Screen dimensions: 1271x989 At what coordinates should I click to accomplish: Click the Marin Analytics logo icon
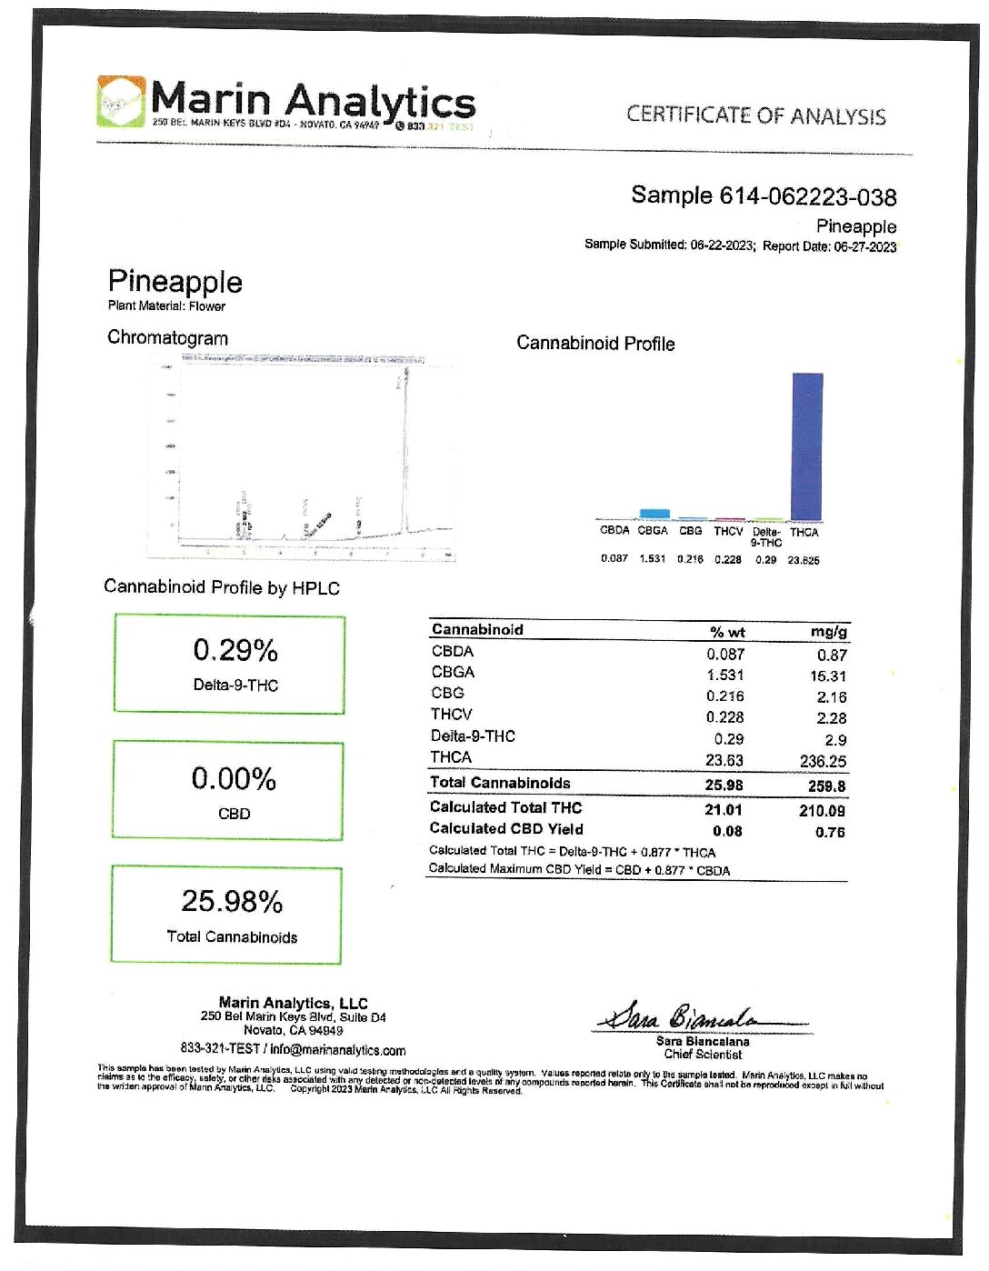click(x=120, y=101)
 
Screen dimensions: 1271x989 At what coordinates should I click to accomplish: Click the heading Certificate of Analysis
click(x=755, y=115)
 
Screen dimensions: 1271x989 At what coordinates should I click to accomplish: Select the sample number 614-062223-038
click(x=808, y=196)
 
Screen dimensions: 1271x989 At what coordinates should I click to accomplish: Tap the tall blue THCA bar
click(x=807, y=445)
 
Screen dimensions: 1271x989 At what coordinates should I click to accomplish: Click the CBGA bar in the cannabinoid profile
click(x=654, y=514)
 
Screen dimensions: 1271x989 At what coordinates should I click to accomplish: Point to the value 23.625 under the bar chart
click(x=803, y=560)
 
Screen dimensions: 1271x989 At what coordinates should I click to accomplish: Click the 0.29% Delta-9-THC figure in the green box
click(x=235, y=651)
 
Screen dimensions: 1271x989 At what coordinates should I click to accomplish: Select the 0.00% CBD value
click(x=234, y=779)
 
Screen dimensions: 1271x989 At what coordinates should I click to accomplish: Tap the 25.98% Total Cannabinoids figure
click(x=232, y=901)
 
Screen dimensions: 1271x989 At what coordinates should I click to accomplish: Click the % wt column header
click(x=727, y=632)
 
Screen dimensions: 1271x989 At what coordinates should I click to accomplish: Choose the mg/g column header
click(x=829, y=631)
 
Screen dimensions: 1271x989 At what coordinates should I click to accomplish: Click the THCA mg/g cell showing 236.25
click(x=823, y=761)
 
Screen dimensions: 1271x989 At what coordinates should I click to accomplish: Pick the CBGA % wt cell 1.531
click(x=725, y=676)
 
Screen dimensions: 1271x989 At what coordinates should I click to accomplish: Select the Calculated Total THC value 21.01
click(x=724, y=809)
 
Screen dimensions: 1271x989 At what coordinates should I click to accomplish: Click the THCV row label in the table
click(x=451, y=715)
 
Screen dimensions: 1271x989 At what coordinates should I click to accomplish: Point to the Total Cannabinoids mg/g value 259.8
click(x=826, y=786)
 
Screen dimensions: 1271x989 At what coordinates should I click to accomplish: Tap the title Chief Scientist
click(x=703, y=1055)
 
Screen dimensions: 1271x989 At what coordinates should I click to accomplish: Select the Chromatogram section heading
click(x=167, y=338)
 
